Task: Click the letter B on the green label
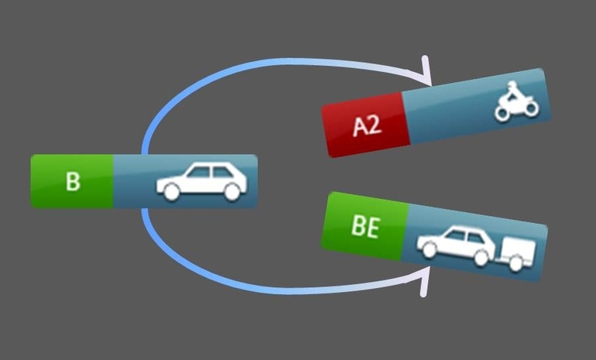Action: [73, 181]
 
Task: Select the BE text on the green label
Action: [365, 230]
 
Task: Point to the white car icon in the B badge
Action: [201, 182]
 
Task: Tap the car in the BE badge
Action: [456, 243]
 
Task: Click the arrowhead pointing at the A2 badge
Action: [424, 71]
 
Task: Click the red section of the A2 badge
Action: [364, 124]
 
